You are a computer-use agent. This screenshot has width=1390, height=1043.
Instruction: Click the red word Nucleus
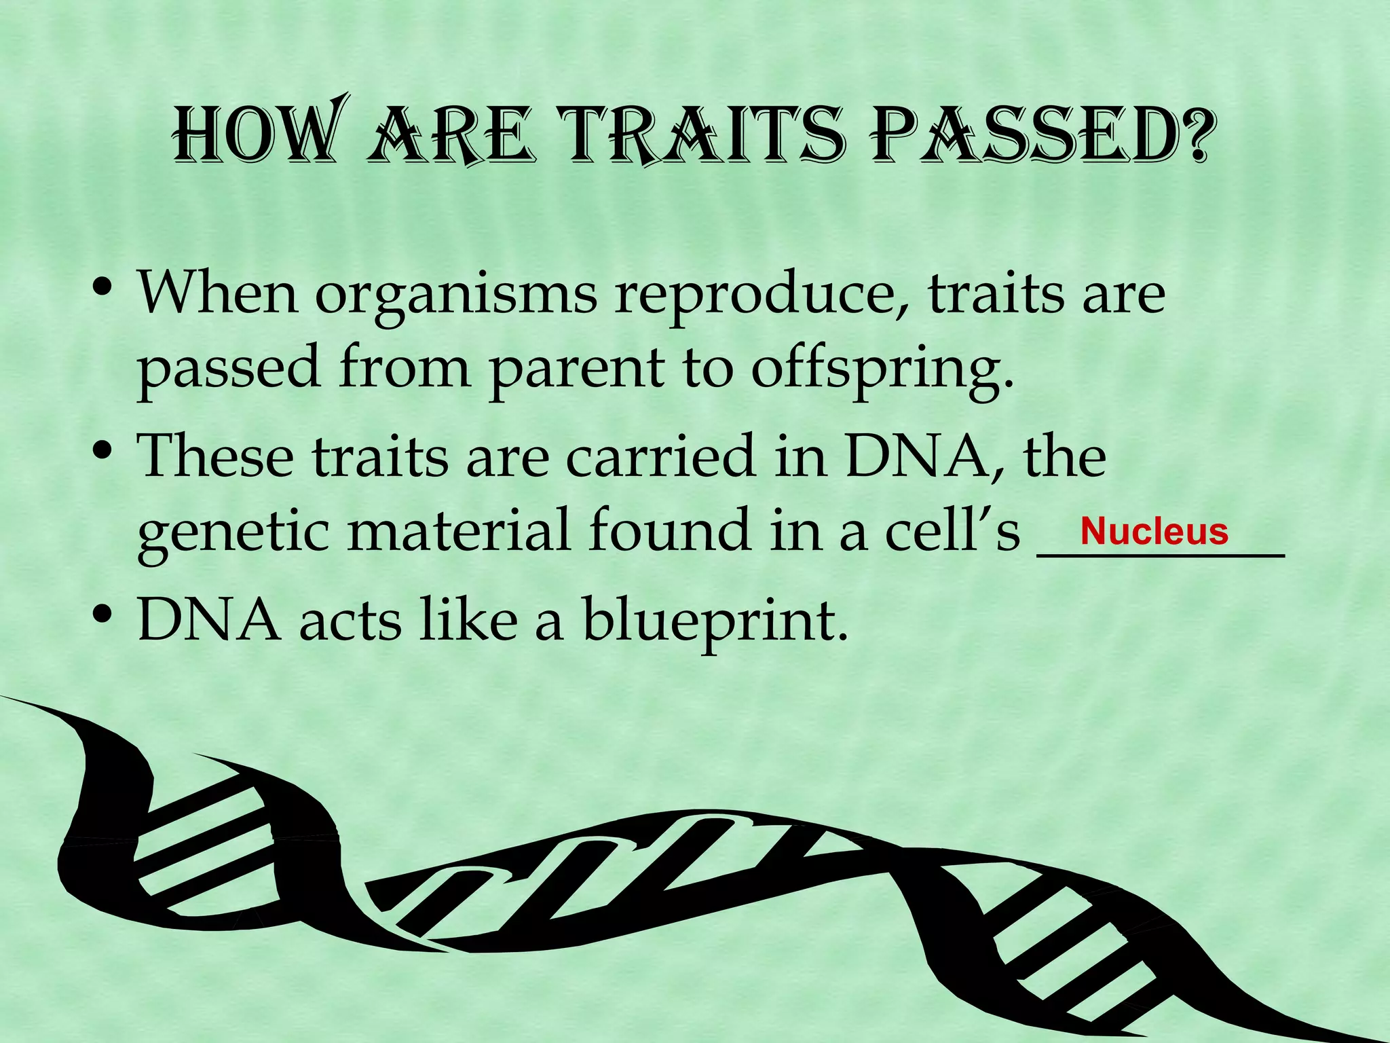pyautogui.click(x=1154, y=531)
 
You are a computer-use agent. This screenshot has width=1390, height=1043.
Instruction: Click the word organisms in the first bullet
pyautogui.click(x=456, y=296)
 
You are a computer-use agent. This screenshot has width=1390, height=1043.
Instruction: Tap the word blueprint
pyautogui.click(x=715, y=621)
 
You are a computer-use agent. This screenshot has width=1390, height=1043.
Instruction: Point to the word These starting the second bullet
pyautogui.click(x=216, y=456)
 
